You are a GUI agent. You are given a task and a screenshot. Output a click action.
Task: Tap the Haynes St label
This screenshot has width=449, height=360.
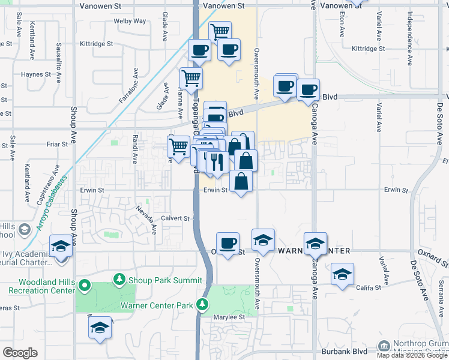[x=36, y=74]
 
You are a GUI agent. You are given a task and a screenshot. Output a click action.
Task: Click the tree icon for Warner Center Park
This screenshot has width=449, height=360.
[x=203, y=304]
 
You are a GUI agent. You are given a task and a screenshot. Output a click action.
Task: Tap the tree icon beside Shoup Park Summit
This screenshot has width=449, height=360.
[x=120, y=280]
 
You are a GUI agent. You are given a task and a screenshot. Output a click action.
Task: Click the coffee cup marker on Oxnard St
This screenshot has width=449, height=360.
[x=228, y=244]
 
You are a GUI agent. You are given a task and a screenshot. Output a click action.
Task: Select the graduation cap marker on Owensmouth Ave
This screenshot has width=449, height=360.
[x=263, y=240]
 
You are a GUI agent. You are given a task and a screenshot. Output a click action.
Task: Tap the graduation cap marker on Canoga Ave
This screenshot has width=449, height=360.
[x=315, y=243]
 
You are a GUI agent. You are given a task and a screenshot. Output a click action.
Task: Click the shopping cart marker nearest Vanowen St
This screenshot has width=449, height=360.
[x=220, y=31]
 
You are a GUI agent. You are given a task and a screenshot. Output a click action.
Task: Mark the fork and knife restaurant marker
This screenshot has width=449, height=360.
[x=217, y=161]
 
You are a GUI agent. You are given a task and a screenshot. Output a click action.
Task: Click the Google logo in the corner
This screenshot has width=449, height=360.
[x=20, y=353]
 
